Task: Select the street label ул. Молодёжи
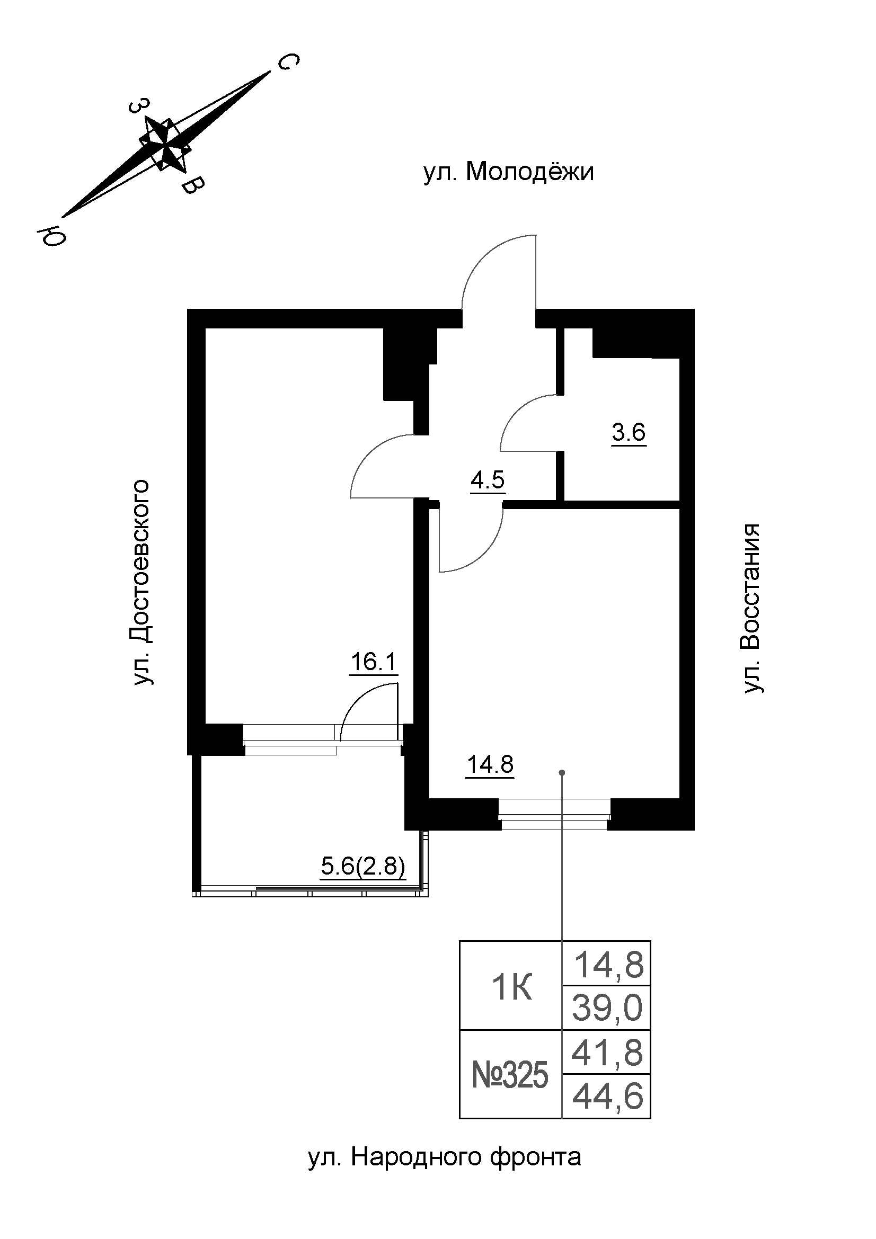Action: coord(508,173)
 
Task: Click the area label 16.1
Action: coord(374,662)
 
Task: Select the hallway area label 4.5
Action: coord(488,480)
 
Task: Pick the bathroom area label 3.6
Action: coord(629,433)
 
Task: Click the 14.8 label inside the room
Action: coord(490,765)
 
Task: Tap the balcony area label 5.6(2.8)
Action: coord(362,867)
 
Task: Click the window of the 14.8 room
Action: coord(554,814)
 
